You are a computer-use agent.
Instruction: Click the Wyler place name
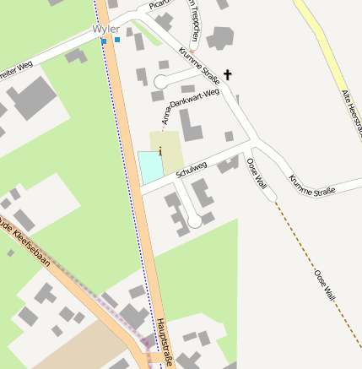(x=105, y=30)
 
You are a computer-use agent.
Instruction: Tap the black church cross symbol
(x=227, y=76)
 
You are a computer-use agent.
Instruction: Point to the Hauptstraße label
(x=165, y=342)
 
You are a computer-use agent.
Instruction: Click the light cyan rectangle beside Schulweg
(x=149, y=166)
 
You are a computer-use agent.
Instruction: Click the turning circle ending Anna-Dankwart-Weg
(x=161, y=81)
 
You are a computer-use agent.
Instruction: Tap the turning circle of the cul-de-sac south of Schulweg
(x=194, y=221)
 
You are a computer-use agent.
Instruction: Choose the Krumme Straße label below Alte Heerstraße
(x=311, y=185)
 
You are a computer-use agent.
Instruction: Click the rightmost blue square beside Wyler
(x=117, y=40)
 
